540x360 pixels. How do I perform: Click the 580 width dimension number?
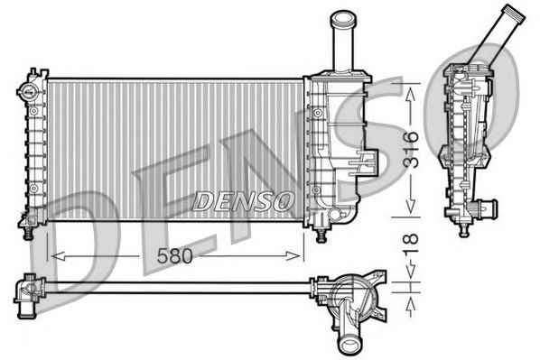tap(174, 256)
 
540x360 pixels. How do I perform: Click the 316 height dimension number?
tap(411, 150)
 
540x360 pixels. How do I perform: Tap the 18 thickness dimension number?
tap(411, 244)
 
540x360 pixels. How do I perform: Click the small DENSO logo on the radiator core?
tap(243, 201)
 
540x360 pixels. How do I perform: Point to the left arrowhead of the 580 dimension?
tap(58, 256)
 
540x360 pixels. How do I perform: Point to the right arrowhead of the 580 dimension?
tap(293, 256)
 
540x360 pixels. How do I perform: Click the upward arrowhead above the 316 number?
tap(410, 96)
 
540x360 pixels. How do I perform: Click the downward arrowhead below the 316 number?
tap(410, 206)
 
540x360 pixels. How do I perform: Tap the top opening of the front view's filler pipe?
tap(342, 17)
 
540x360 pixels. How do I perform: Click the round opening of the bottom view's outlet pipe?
tap(349, 344)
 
